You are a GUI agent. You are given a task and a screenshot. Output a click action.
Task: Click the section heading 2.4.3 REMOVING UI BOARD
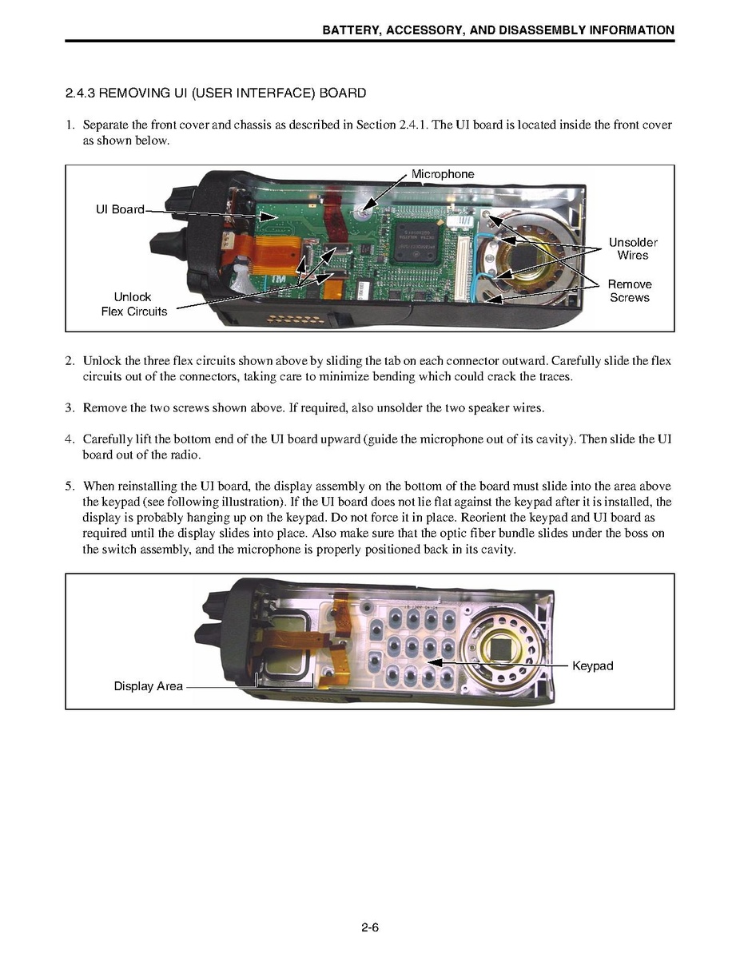pos(216,93)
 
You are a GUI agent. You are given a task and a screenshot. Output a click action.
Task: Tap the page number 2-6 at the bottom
pos(369,927)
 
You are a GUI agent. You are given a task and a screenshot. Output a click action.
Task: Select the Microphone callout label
pos(442,174)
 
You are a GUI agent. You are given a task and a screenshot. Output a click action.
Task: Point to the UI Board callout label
pos(120,209)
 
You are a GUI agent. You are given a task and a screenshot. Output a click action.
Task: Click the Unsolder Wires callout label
pos(632,248)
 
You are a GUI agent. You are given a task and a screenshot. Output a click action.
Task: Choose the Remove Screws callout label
pos(630,291)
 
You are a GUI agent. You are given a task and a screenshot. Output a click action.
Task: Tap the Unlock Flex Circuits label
pos(133,304)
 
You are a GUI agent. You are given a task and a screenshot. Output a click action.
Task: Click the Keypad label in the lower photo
pos(592,665)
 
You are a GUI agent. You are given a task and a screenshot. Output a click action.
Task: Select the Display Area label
pos(148,686)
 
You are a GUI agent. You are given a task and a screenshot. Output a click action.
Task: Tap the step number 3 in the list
pos(70,408)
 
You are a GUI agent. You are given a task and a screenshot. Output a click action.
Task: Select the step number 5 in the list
pos(70,486)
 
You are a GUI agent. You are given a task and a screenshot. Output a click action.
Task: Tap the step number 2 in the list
pos(70,361)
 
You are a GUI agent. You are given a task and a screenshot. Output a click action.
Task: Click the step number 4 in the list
pos(70,439)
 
